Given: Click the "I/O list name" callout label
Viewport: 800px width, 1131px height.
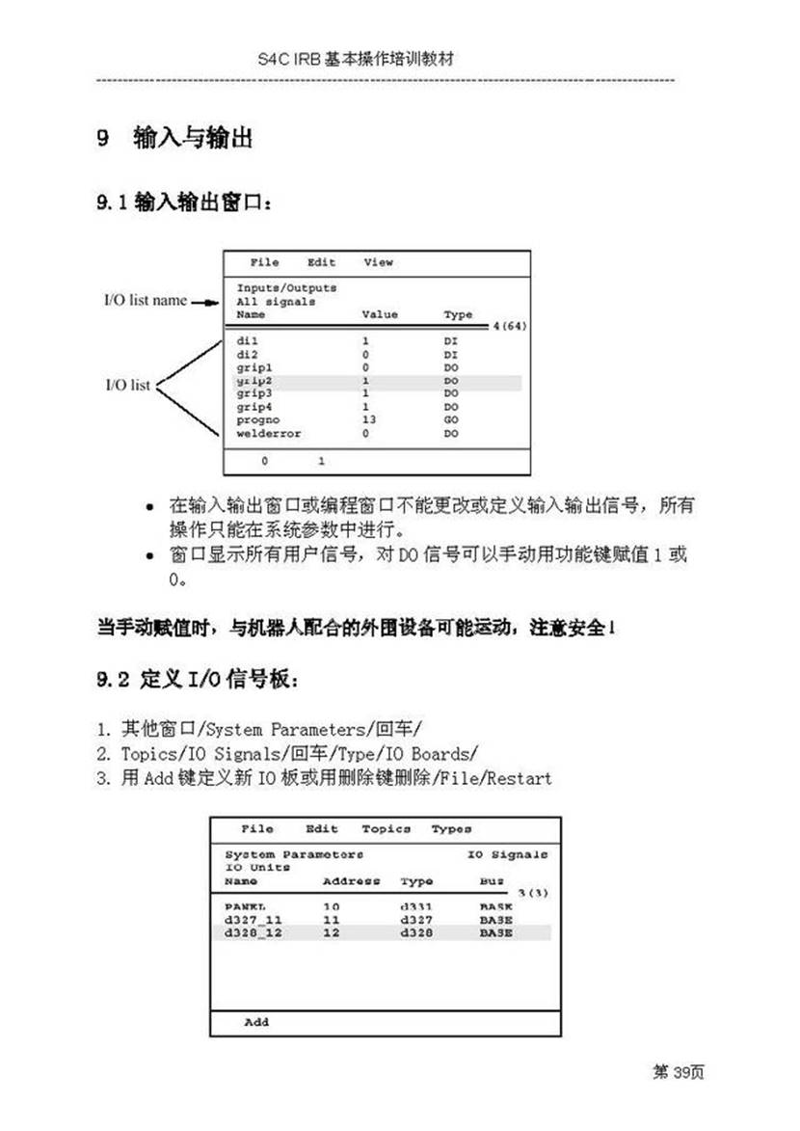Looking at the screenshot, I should (145, 300).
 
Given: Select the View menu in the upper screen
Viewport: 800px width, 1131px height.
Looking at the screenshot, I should (378, 262).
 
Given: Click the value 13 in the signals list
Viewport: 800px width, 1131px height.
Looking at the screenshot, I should (369, 420).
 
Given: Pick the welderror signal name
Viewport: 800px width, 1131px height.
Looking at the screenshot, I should (268, 434).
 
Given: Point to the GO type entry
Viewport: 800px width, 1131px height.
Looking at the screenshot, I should (451, 420).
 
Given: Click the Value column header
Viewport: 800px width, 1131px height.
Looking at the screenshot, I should (379, 314).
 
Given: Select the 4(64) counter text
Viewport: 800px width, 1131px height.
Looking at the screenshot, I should (509, 327).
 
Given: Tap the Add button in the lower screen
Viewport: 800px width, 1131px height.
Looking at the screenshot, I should (256, 1022).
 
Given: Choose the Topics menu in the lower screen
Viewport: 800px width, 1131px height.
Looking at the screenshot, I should (386, 829).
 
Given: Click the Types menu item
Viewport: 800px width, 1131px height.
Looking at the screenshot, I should (451, 829).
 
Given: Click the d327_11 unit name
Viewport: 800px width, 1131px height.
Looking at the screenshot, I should (253, 921).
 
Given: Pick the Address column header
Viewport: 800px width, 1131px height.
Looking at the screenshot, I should (351, 881).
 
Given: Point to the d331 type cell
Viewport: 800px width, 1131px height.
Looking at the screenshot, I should (416, 907).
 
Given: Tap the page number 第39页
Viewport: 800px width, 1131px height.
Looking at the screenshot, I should (679, 1072).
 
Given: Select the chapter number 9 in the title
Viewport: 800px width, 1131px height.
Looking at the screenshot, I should (102, 138).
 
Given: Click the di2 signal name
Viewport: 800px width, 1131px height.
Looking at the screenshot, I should (248, 355).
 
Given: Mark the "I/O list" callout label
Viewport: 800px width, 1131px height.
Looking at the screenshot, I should (127, 386).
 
